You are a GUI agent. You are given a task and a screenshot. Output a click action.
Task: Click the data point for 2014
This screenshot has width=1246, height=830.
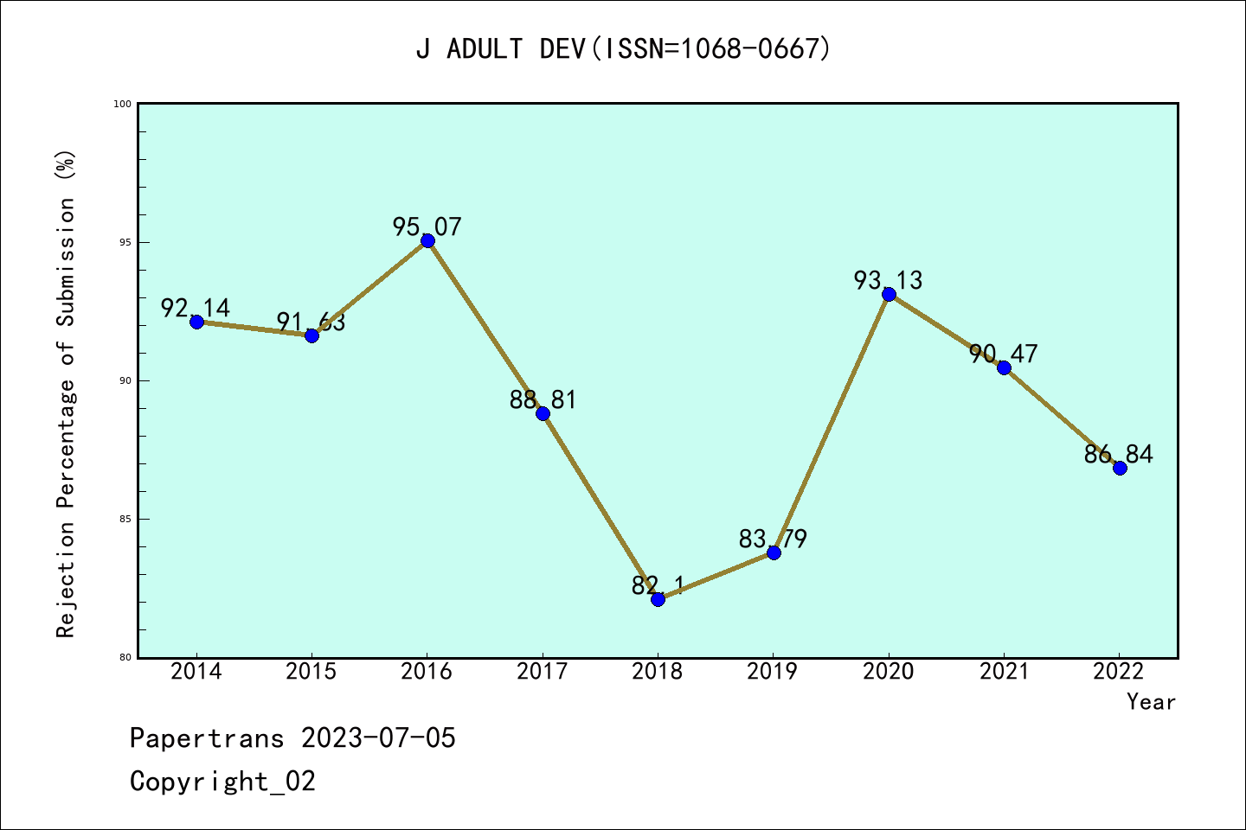pos(196,322)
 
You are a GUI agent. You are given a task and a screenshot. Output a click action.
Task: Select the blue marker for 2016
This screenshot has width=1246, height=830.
pos(427,240)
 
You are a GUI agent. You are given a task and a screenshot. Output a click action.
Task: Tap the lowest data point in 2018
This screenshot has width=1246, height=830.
pos(658,599)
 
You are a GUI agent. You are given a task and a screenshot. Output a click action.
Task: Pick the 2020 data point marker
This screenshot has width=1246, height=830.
pos(889,294)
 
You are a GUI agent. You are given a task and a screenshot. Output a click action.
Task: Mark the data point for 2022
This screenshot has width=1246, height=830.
pos(1120,468)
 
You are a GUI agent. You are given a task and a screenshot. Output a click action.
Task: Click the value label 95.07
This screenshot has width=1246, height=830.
pos(427,227)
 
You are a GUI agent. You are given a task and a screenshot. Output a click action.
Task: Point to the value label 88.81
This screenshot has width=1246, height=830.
pos(543,400)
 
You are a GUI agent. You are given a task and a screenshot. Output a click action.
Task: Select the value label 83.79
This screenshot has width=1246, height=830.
pos(773,539)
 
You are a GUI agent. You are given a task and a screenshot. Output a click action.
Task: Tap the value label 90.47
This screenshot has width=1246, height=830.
pos(1004,354)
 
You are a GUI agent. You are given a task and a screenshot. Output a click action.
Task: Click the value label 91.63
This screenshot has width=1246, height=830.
pos(311,322)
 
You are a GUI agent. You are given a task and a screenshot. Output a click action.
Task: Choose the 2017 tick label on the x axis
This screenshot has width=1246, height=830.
pos(543,672)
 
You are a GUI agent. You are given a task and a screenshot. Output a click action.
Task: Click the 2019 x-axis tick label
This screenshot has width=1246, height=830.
pos(773,672)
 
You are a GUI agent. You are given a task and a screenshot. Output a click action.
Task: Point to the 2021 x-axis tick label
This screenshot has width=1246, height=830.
pos(1004,672)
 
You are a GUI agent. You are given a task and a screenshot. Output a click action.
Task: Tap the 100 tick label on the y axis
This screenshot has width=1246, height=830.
pos(123,104)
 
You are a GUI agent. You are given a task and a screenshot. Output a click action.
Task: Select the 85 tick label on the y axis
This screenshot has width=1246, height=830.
pos(125,519)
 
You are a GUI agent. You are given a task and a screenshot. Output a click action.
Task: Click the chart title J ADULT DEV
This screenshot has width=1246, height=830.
pos(623,48)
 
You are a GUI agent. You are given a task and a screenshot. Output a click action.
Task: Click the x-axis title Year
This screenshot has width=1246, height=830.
pos(1151,702)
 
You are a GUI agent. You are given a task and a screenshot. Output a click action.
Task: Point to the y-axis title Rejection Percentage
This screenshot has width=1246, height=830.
pos(67,393)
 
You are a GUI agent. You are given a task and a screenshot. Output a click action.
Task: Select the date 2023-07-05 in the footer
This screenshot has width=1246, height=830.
pos(378,738)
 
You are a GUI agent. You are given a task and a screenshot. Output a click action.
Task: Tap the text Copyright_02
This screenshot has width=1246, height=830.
pos(222,782)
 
